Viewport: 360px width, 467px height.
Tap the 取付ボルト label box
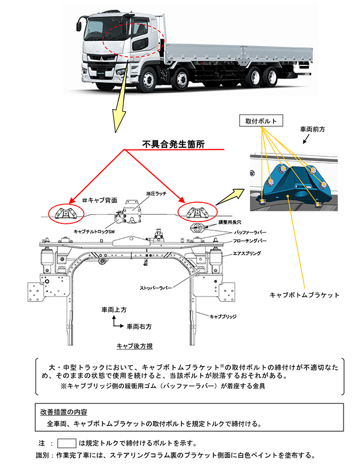coord(260,121)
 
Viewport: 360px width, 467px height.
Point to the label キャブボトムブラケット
coord(304,295)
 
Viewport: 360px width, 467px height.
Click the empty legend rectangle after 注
coord(67,443)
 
